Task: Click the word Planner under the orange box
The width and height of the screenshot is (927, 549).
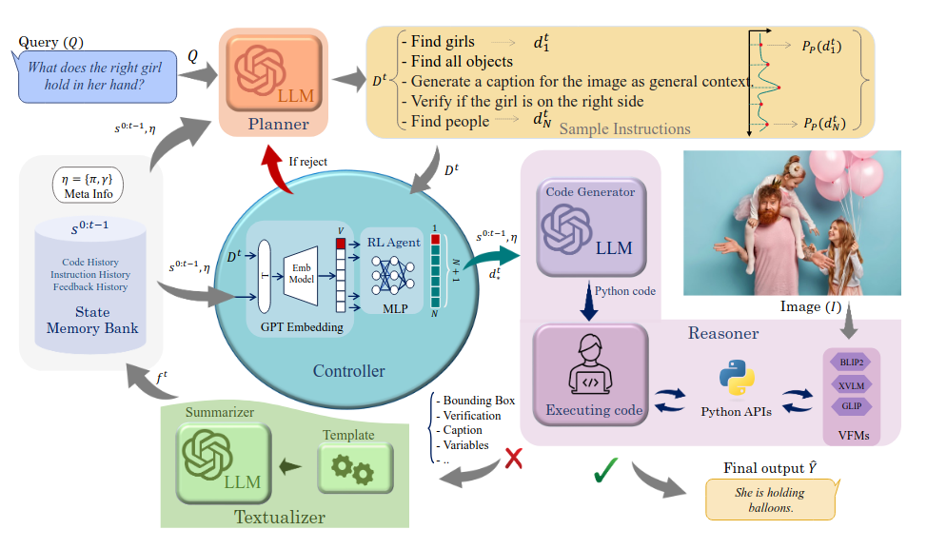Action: (278, 125)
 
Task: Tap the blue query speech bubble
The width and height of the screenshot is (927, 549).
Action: (97, 76)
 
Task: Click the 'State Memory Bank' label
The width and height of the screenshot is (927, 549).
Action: (92, 321)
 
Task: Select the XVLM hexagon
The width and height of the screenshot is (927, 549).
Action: (850, 385)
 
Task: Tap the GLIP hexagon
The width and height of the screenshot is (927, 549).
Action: (850, 406)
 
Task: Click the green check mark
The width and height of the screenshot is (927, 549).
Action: (606, 470)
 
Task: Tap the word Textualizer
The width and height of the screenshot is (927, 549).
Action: (279, 518)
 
